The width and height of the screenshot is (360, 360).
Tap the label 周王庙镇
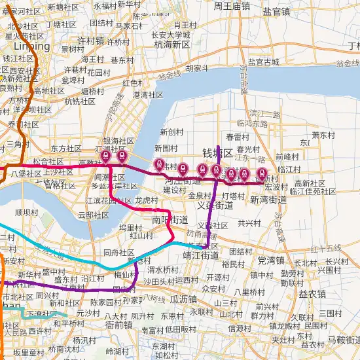232,6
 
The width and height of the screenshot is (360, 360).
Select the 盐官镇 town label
276,11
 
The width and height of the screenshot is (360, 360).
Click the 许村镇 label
91,40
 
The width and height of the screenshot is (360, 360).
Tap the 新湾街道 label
268,200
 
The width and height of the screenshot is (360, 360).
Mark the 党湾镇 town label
275,260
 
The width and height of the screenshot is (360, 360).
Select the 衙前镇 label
119,324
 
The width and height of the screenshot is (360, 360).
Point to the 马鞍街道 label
344,340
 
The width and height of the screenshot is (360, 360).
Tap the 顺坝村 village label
27,212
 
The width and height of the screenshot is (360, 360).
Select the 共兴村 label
249,223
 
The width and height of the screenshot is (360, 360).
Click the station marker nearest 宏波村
262,175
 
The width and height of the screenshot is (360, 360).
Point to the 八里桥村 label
247,292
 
